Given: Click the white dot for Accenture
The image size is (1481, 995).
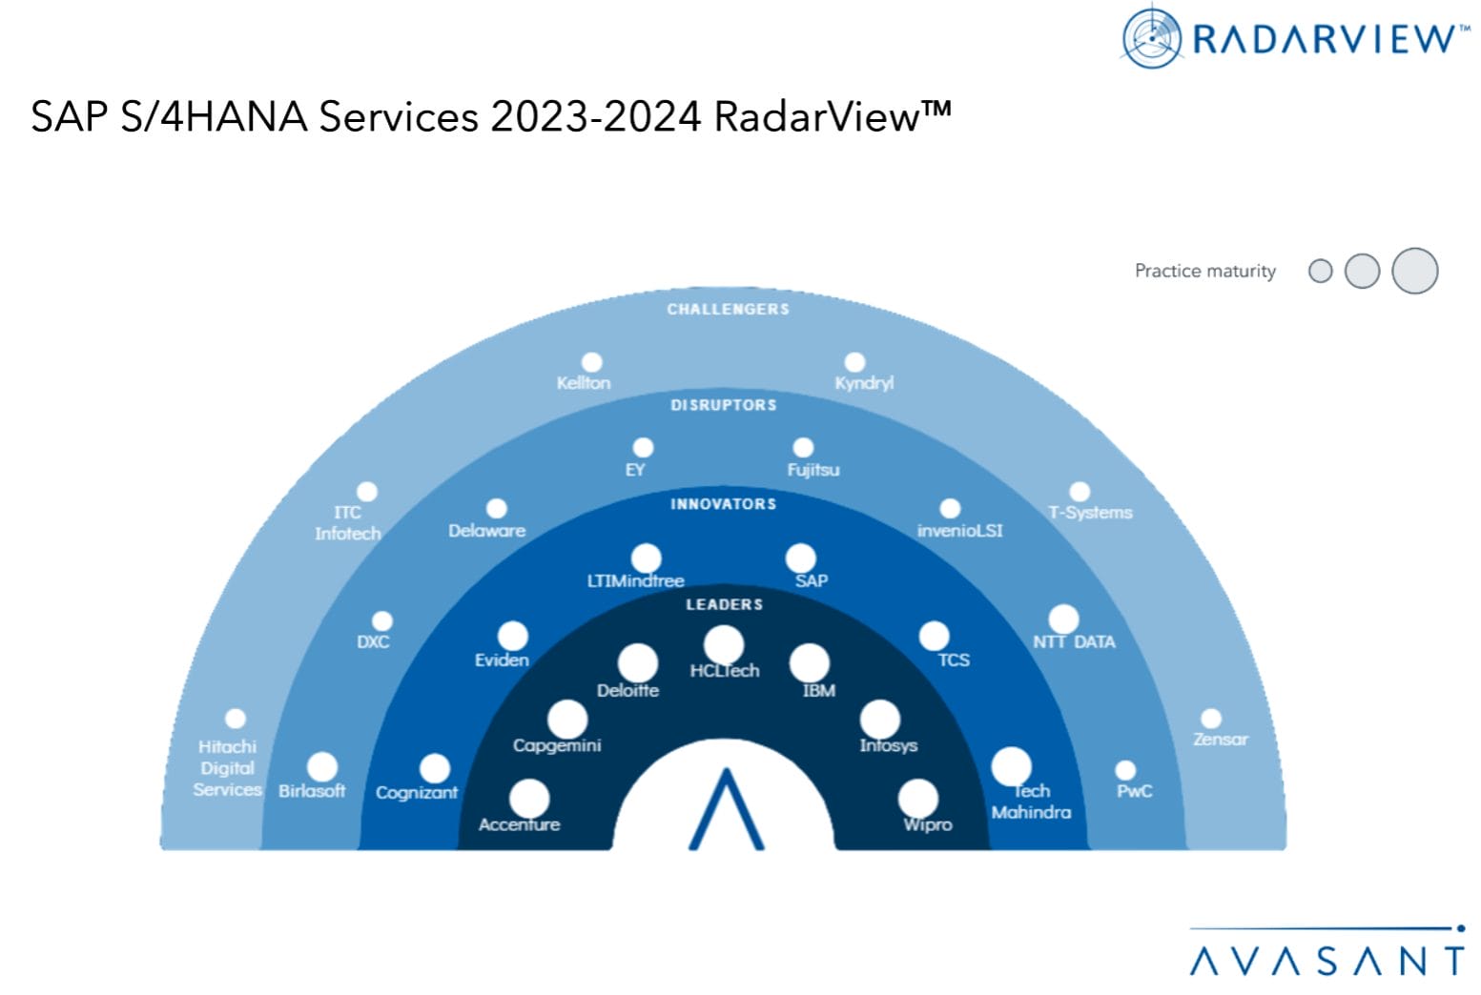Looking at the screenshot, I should [x=529, y=799].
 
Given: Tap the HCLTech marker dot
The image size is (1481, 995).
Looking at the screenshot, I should [x=724, y=645].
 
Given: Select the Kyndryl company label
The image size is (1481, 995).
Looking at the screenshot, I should [x=864, y=383].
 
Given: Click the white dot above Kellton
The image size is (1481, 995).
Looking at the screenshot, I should [x=592, y=362].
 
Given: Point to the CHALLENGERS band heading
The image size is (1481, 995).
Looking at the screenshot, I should [x=728, y=309].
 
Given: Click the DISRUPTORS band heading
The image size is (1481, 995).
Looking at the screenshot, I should [x=723, y=405].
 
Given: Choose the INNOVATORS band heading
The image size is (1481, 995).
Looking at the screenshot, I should [x=723, y=503].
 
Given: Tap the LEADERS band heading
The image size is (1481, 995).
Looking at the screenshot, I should [x=724, y=604].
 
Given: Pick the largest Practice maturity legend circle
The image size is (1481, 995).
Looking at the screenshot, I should [x=1414, y=271].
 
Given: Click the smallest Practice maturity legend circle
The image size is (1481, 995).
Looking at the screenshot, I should [x=1320, y=272].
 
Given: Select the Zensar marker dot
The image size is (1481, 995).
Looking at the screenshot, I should [x=1211, y=719].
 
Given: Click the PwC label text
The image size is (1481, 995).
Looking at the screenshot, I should [x=1135, y=791].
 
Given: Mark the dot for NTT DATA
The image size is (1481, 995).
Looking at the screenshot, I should [x=1063, y=619].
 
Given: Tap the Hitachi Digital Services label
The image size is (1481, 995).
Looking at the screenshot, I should [x=227, y=768].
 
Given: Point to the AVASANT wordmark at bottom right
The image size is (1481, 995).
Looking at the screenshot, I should [x=1327, y=959].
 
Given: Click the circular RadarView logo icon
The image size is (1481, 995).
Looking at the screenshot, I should [x=1152, y=37].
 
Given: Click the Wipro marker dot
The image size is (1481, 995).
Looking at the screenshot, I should [x=917, y=799].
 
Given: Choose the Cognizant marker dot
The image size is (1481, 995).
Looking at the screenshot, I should [x=435, y=768].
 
